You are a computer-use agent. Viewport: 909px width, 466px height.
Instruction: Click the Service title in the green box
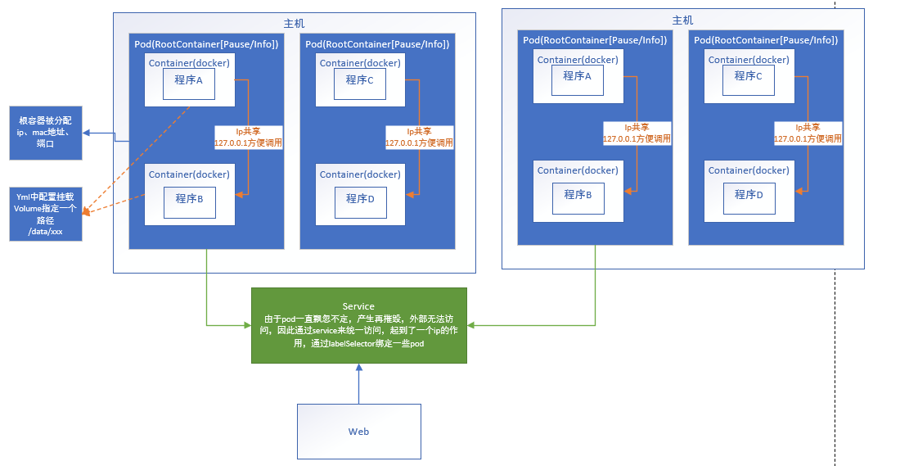pyautogui.click(x=358, y=306)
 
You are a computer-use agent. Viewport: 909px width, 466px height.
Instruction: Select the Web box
pyautogui.click(x=358, y=431)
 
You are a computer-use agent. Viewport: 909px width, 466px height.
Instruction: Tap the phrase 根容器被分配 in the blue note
pyautogui.click(x=45, y=120)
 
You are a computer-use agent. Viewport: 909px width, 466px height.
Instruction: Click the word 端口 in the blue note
pyautogui.click(x=45, y=143)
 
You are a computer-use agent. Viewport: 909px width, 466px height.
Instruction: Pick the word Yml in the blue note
pyautogui.click(x=24, y=197)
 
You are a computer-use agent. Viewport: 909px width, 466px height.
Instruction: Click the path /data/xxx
pyautogui.click(x=45, y=232)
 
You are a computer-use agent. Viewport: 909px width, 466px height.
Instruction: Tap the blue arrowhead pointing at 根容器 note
pyautogui.click(x=87, y=133)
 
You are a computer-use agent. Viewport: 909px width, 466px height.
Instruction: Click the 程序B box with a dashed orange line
pyautogui.click(x=189, y=198)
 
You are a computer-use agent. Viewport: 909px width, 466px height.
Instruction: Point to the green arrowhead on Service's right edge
pyautogui.click(x=471, y=325)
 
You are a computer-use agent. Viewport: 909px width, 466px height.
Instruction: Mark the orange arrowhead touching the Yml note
pyautogui.click(x=86, y=212)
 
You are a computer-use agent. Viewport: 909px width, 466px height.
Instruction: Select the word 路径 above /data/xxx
pyautogui.click(x=45, y=220)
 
